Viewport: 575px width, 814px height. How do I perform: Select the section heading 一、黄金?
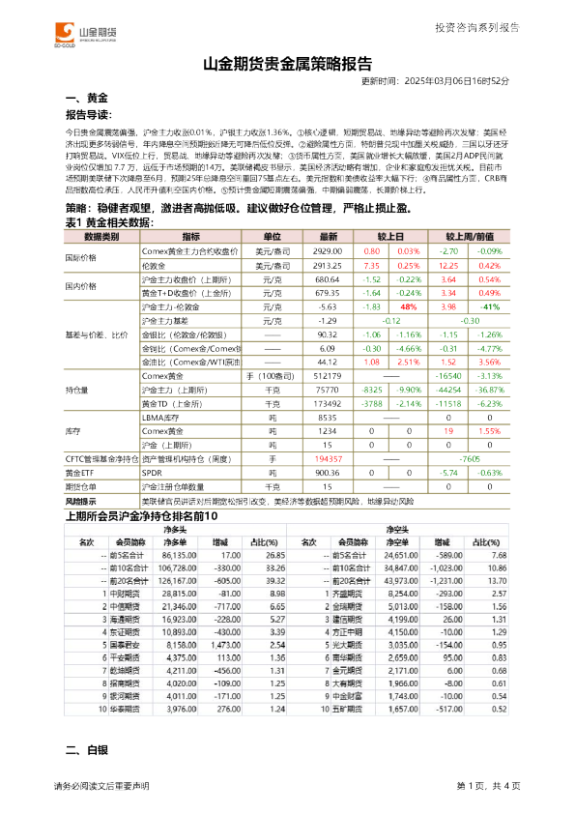(86, 100)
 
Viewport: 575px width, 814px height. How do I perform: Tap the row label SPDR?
(152, 473)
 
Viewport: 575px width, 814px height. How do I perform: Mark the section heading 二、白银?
(86, 778)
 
